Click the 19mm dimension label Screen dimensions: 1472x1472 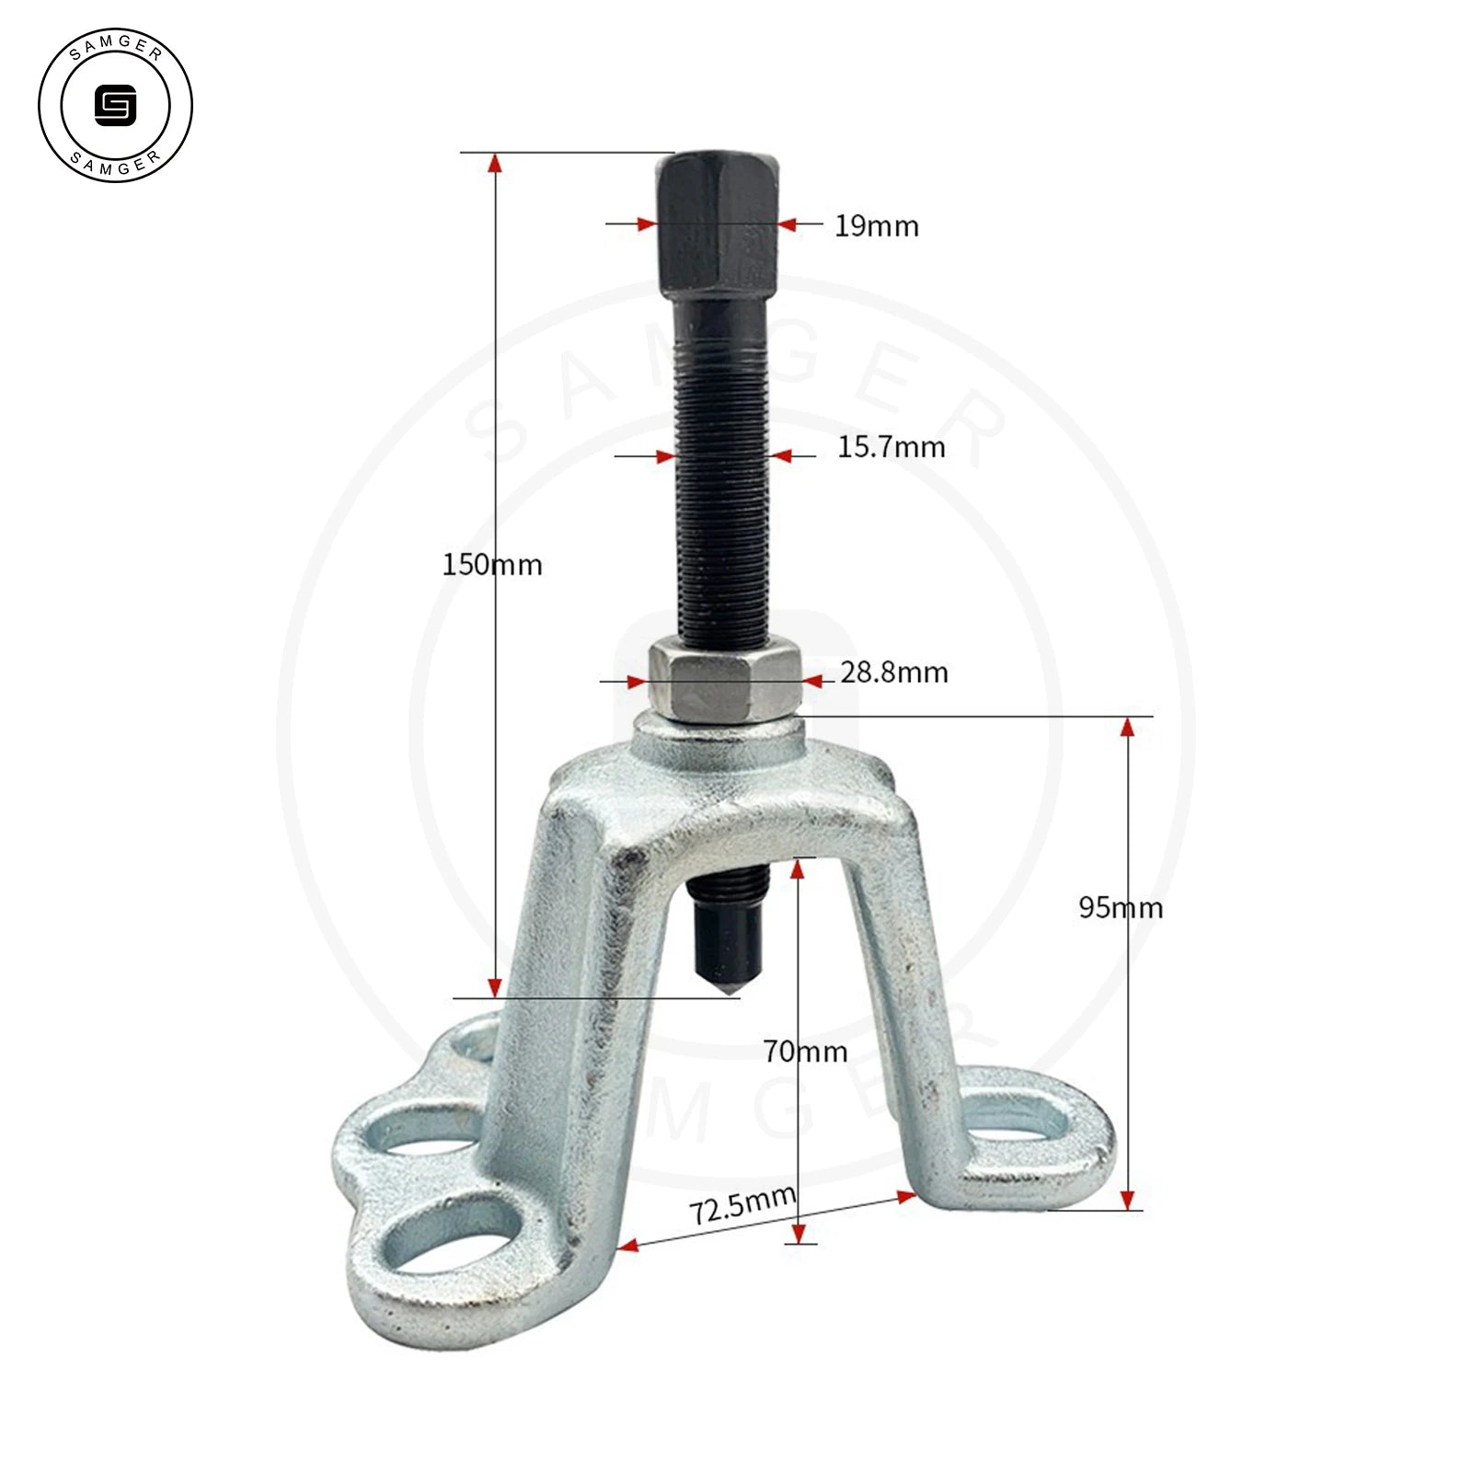tap(876, 225)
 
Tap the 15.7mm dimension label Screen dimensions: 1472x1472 tap(891, 447)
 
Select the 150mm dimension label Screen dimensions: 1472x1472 tap(492, 564)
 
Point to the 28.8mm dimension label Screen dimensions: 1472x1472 tap(894, 673)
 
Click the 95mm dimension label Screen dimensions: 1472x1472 tap(1121, 908)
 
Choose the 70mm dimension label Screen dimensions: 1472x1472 tap(805, 1051)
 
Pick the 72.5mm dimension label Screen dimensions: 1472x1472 tap(743, 1204)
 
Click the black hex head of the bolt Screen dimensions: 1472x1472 tap(718, 224)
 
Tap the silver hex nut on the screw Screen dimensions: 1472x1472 tap(724, 684)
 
